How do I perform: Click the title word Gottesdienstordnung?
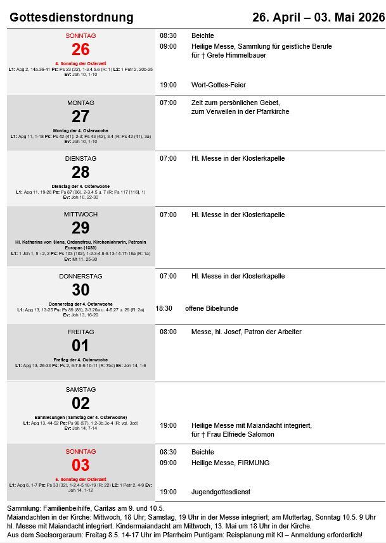point(72,17)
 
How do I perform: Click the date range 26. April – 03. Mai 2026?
point(318,17)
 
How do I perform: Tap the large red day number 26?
point(80,49)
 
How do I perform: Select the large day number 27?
point(80,116)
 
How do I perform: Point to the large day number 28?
point(80,172)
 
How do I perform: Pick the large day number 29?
point(80,228)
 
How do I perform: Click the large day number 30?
point(80,290)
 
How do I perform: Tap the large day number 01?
point(80,346)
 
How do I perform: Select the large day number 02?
point(80,403)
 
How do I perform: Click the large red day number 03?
point(80,465)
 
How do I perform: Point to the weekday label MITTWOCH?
point(80,215)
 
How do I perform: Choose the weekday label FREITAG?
point(80,332)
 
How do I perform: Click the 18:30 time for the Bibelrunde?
point(164,309)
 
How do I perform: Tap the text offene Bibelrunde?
point(212,309)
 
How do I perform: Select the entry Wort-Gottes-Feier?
point(219,85)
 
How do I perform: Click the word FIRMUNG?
point(254,463)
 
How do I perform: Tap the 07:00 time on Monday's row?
point(168,103)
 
